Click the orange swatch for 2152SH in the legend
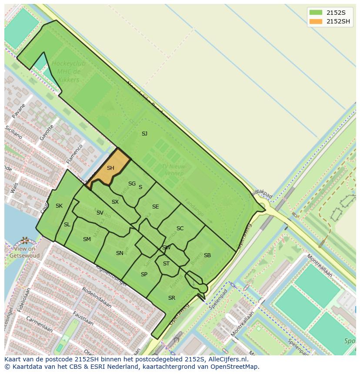point(316,22)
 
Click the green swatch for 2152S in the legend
point(316,13)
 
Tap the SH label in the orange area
point(110,168)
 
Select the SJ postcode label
point(144,134)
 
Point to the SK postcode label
point(59,206)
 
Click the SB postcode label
point(207,255)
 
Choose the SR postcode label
point(172,298)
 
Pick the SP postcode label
point(144,275)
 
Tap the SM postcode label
point(87,239)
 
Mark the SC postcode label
point(180,228)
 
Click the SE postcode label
point(155,207)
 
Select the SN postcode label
point(120,253)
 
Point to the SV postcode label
point(100,213)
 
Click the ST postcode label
point(166,264)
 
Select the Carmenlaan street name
point(39,324)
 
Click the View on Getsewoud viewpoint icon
point(25,240)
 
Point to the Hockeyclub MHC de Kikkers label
point(68,72)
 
